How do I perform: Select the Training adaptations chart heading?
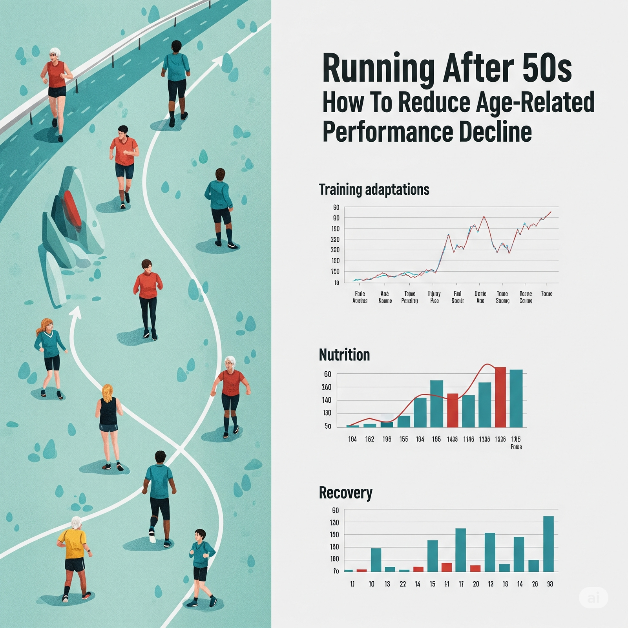pyautogui.click(x=374, y=190)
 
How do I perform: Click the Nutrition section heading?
pyautogui.click(x=344, y=355)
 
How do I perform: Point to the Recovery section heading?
pyautogui.click(x=345, y=493)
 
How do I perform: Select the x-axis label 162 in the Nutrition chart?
pyautogui.click(x=369, y=439)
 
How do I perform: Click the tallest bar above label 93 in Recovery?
pyautogui.click(x=548, y=544)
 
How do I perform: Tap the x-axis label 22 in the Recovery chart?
pyautogui.click(x=403, y=584)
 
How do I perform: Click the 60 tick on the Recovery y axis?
pyautogui.click(x=335, y=511)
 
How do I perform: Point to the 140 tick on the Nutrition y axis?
pyautogui.click(x=327, y=400)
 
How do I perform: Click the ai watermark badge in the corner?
pyautogui.click(x=593, y=598)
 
